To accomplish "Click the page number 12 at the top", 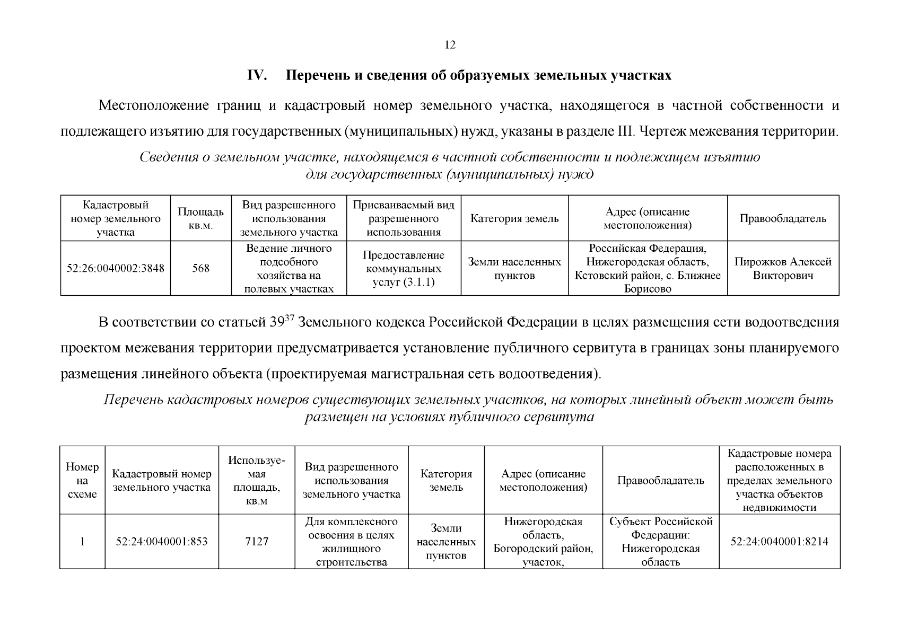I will click(450, 45).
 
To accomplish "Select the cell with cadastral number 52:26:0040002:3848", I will click(115, 268).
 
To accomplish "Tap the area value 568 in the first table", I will click(200, 268).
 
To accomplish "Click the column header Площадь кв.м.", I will click(200, 219).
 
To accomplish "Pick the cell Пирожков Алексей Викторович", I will click(783, 268).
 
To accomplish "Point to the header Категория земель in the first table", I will click(514, 219).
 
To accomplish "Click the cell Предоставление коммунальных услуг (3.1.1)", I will click(404, 268).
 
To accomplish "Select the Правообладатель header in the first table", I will click(783, 219).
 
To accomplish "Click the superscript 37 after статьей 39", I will click(290, 318).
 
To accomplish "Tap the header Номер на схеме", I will click(82, 480).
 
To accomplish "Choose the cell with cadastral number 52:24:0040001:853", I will click(162, 542).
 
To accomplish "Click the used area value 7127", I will click(257, 542).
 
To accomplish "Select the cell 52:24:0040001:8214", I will click(779, 542).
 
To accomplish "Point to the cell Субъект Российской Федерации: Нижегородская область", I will click(660, 542).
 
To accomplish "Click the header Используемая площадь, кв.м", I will click(257, 480).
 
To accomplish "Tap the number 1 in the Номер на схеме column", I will click(82, 542).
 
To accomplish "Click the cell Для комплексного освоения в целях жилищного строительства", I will click(351, 542).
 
